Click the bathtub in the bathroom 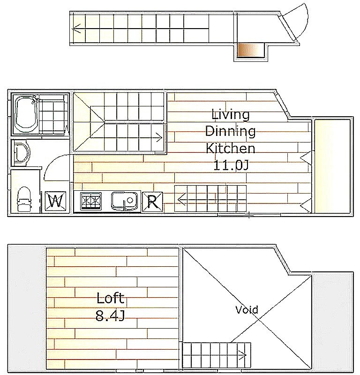point(26,114)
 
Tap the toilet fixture point(24,199)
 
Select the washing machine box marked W point(55,202)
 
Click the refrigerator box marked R point(152,202)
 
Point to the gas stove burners point(90,201)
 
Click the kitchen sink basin point(124,201)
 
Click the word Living point(231,114)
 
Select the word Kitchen point(231,148)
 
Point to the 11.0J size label point(231,165)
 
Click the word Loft point(110,298)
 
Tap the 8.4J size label point(110,315)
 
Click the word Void point(247,310)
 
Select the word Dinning point(231,131)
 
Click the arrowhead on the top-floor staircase point(76,29)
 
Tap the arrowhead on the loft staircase point(243,355)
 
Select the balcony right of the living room point(332,166)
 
